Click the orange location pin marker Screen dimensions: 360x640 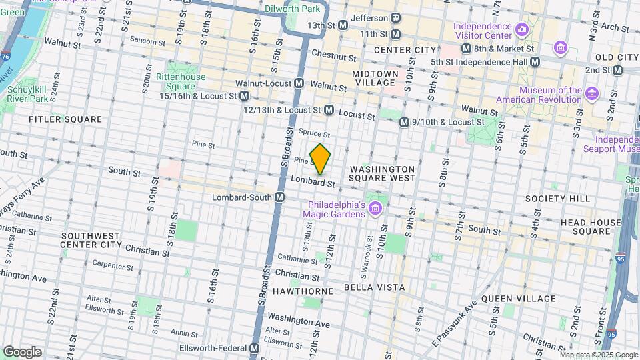(321, 159)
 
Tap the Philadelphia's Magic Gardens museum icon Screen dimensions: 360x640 (375, 209)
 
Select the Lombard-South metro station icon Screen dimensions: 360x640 (280, 198)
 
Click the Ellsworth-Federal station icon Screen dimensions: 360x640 (254, 349)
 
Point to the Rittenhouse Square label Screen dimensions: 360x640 (181, 81)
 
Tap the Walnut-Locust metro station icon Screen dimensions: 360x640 (299, 84)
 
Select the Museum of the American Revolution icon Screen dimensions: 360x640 (591, 91)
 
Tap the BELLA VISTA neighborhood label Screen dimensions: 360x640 (374, 287)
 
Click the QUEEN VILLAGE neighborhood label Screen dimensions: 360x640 (518, 299)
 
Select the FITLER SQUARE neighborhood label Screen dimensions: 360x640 (65, 119)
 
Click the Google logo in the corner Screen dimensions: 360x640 (22, 352)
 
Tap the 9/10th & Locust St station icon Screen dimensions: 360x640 (404, 123)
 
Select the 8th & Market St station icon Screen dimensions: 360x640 (466, 49)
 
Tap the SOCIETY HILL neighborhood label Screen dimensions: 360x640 (548, 199)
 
